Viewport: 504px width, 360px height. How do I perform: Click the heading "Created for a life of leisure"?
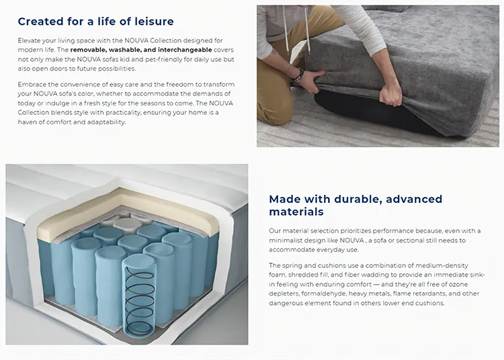coord(95,21)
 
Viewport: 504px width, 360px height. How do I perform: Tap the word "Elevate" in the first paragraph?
coord(30,40)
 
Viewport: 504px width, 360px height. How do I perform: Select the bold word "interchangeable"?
coord(185,50)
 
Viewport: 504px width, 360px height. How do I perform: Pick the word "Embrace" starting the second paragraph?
coord(32,84)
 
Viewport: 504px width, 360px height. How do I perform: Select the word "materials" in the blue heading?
coord(296,212)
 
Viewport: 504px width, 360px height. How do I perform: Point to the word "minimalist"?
coord(288,240)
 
